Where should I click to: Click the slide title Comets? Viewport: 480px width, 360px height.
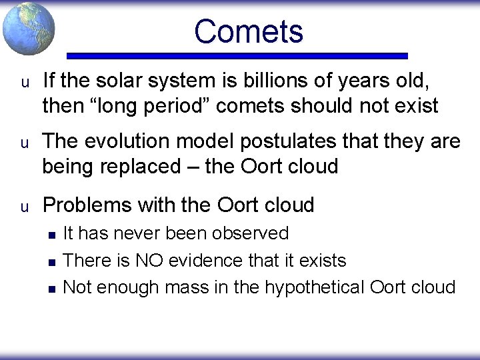coord(248,31)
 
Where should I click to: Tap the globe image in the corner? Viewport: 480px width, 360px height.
coord(28,28)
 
